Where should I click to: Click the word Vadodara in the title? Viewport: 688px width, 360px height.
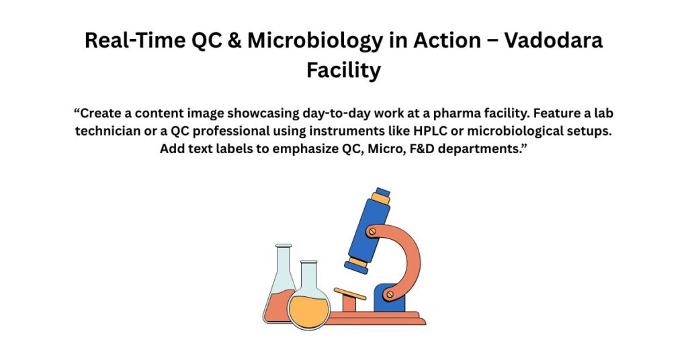click(x=554, y=40)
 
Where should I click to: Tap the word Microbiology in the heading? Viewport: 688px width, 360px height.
click(x=315, y=41)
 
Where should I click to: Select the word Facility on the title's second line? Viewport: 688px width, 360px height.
click(x=343, y=70)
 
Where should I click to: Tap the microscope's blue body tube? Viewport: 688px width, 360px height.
click(x=369, y=228)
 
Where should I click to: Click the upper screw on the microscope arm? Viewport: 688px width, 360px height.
click(x=372, y=231)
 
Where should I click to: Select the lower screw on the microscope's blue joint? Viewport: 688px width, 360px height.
click(x=390, y=294)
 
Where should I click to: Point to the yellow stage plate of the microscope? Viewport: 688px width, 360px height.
click(x=349, y=294)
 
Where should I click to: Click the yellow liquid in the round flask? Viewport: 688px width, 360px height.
click(x=308, y=312)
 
